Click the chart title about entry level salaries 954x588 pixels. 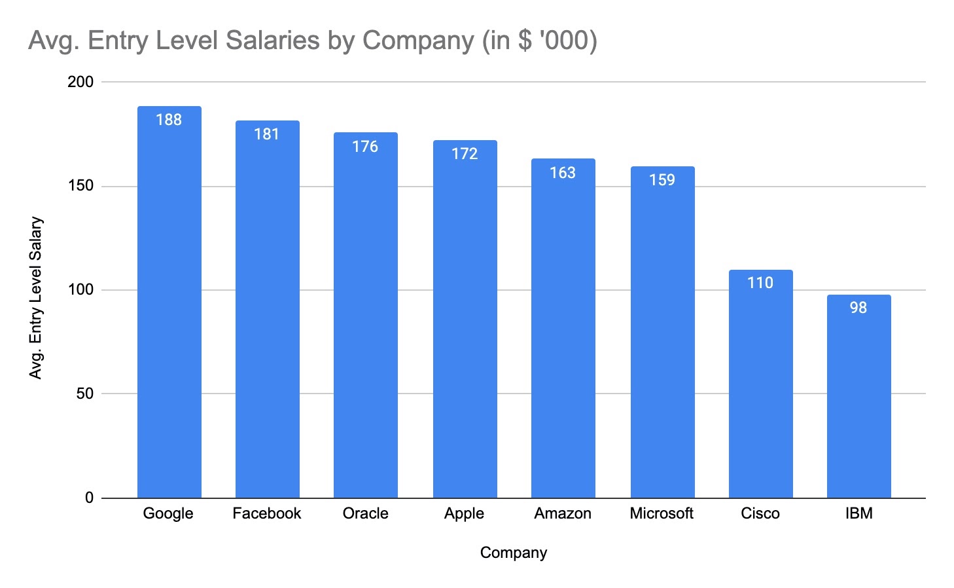point(313,41)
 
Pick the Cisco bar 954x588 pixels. point(760,386)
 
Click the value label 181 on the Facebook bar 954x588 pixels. point(266,134)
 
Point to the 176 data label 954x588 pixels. point(365,147)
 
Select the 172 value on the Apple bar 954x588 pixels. point(465,154)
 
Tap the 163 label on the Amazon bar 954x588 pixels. point(563,173)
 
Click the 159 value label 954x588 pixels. point(662,180)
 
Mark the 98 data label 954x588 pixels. point(858,308)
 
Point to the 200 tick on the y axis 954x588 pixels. point(80,82)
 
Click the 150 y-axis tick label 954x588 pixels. point(80,186)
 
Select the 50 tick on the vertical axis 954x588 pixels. point(84,394)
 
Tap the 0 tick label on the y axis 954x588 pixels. point(89,498)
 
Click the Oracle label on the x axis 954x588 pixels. point(365,513)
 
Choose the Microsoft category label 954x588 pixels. point(662,513)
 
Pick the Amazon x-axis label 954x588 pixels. point(563,513)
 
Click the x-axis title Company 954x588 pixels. point(513,553)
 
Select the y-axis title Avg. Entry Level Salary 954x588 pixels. point(36,298)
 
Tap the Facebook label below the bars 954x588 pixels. point(266,513)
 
